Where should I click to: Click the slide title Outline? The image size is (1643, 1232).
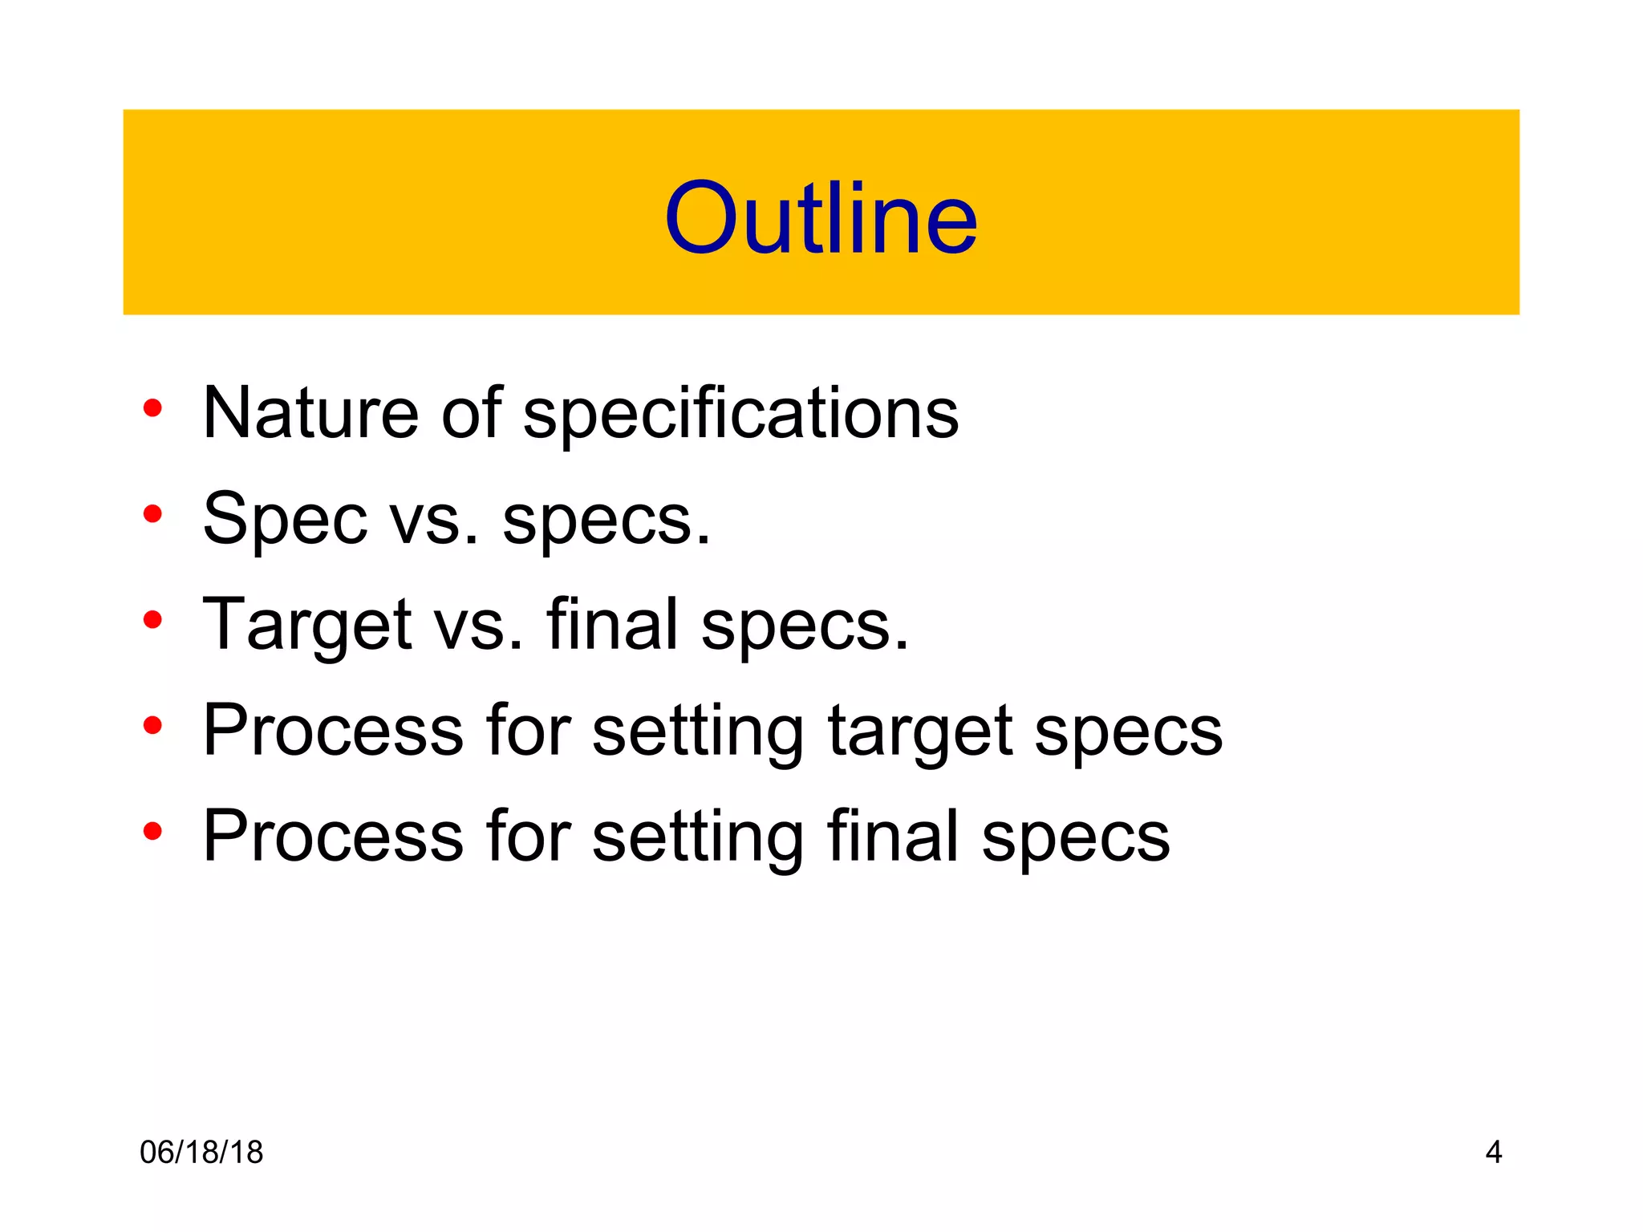[821, 218]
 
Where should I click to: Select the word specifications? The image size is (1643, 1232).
[740, 414]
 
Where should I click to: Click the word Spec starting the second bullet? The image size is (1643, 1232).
[285, 520]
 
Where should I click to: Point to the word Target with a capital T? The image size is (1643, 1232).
[307, 626]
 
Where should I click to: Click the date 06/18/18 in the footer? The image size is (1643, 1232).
[201, 1153]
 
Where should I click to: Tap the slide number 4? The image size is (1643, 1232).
[1493, 1153]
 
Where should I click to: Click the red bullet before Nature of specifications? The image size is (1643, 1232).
[152, 408]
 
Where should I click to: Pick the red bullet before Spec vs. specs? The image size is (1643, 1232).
[152, 514]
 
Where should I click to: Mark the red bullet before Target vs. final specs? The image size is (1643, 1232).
[152, 620]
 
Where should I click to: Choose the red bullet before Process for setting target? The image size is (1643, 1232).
[152, 726]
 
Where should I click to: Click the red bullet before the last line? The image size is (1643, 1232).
[152, 832]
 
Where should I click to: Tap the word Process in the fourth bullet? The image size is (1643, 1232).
[333, 730]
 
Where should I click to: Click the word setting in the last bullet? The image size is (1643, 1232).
[697, 837]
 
